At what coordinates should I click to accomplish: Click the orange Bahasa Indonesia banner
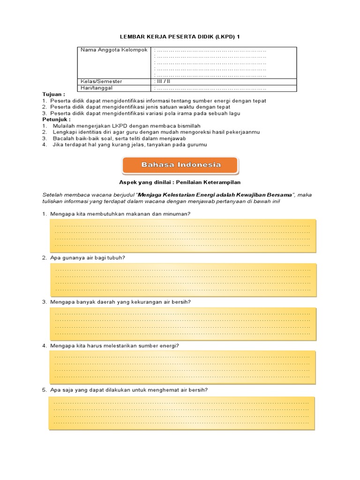coord(180,165)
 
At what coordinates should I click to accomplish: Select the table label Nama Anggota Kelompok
coord(114,50)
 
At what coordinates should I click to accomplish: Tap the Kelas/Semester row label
coord(101,82)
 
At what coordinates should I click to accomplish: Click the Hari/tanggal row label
coord(97,88)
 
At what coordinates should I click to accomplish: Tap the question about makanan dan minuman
coord(120,214)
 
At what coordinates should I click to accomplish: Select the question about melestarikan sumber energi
coord(115,346)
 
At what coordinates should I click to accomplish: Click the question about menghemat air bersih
coord(129,390)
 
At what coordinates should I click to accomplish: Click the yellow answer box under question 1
coord(182,235)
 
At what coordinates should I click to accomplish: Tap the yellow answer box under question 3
coord(182,324)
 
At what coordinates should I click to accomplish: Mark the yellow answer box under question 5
coord(181,412)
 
